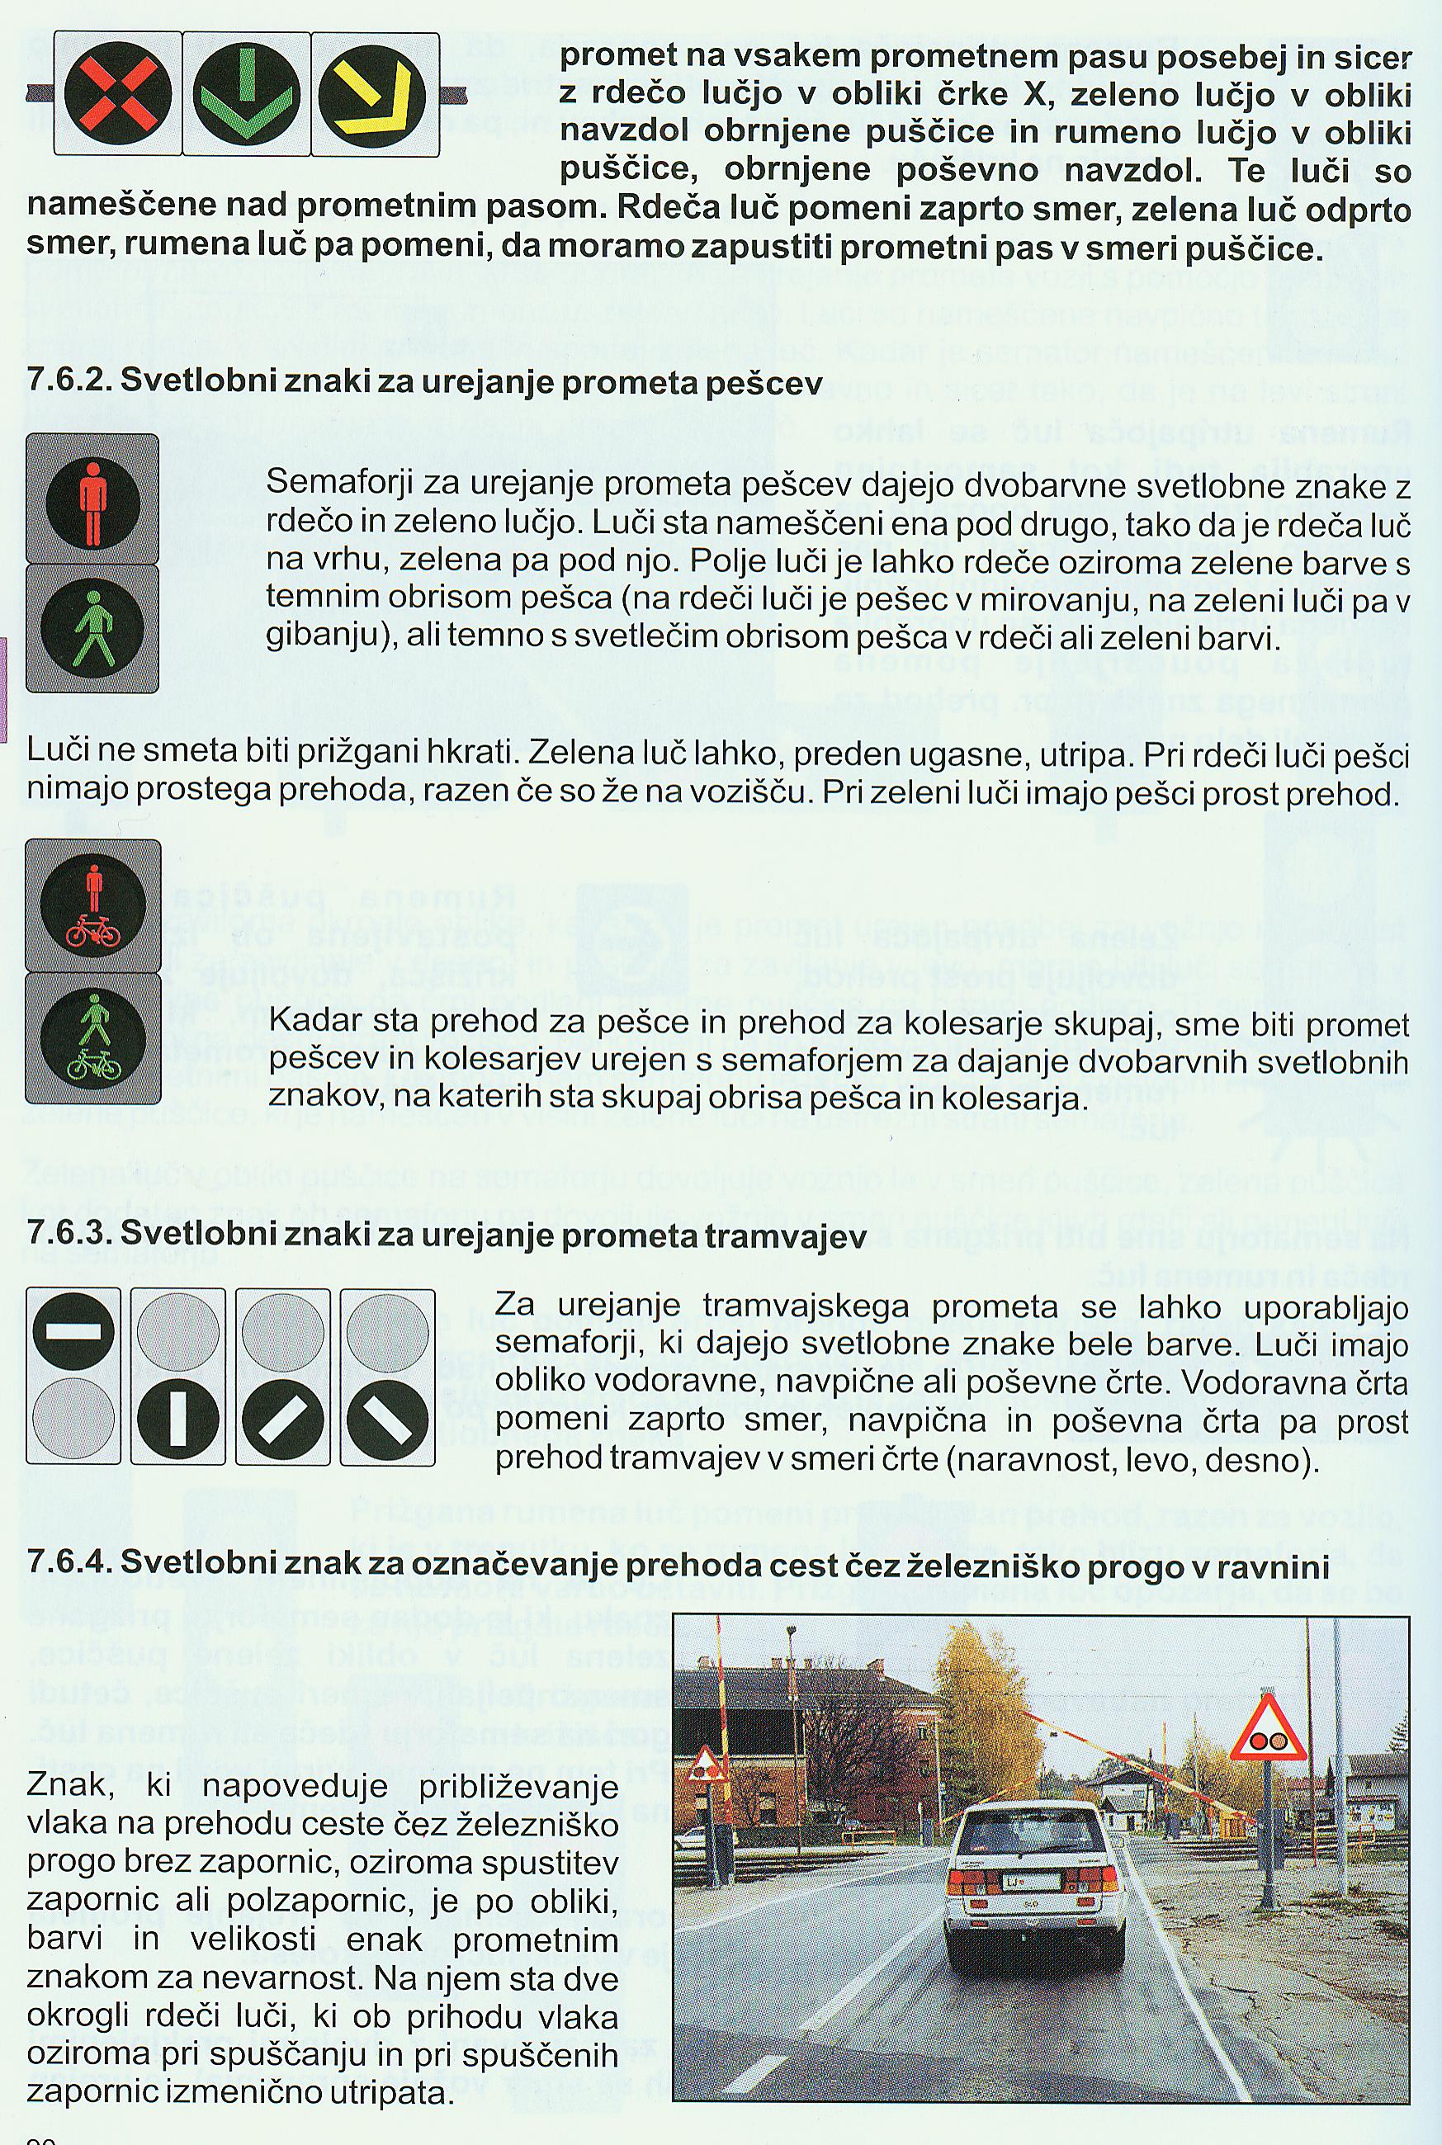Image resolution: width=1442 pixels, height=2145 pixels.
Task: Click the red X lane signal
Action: tap(118, 95)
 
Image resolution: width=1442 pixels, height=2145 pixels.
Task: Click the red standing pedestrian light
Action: tap(92, 502)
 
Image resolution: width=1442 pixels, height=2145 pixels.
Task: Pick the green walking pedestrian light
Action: tap(92, 628)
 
